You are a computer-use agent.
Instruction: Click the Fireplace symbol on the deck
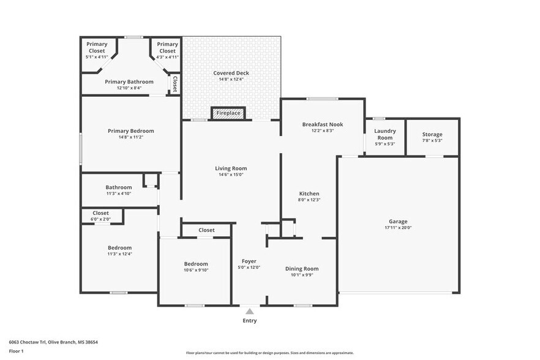point(228,113)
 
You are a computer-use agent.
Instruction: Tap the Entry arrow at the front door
point(249,312)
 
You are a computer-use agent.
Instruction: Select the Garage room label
point(398,222)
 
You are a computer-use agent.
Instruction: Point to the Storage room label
point(432,135)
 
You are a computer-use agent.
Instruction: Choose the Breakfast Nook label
point(323,124)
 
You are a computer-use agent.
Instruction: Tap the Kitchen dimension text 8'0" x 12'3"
point(310,200)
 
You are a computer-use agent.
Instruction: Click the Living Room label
point(231,168)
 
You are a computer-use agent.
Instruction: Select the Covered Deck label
point(231,73)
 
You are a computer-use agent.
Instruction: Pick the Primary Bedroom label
point(130,130)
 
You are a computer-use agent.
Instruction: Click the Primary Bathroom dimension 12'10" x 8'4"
point(129,88)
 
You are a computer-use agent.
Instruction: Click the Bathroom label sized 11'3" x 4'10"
point(118,187)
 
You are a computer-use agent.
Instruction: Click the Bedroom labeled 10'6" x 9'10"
point(196,264)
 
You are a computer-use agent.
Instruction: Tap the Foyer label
point(249,261)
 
